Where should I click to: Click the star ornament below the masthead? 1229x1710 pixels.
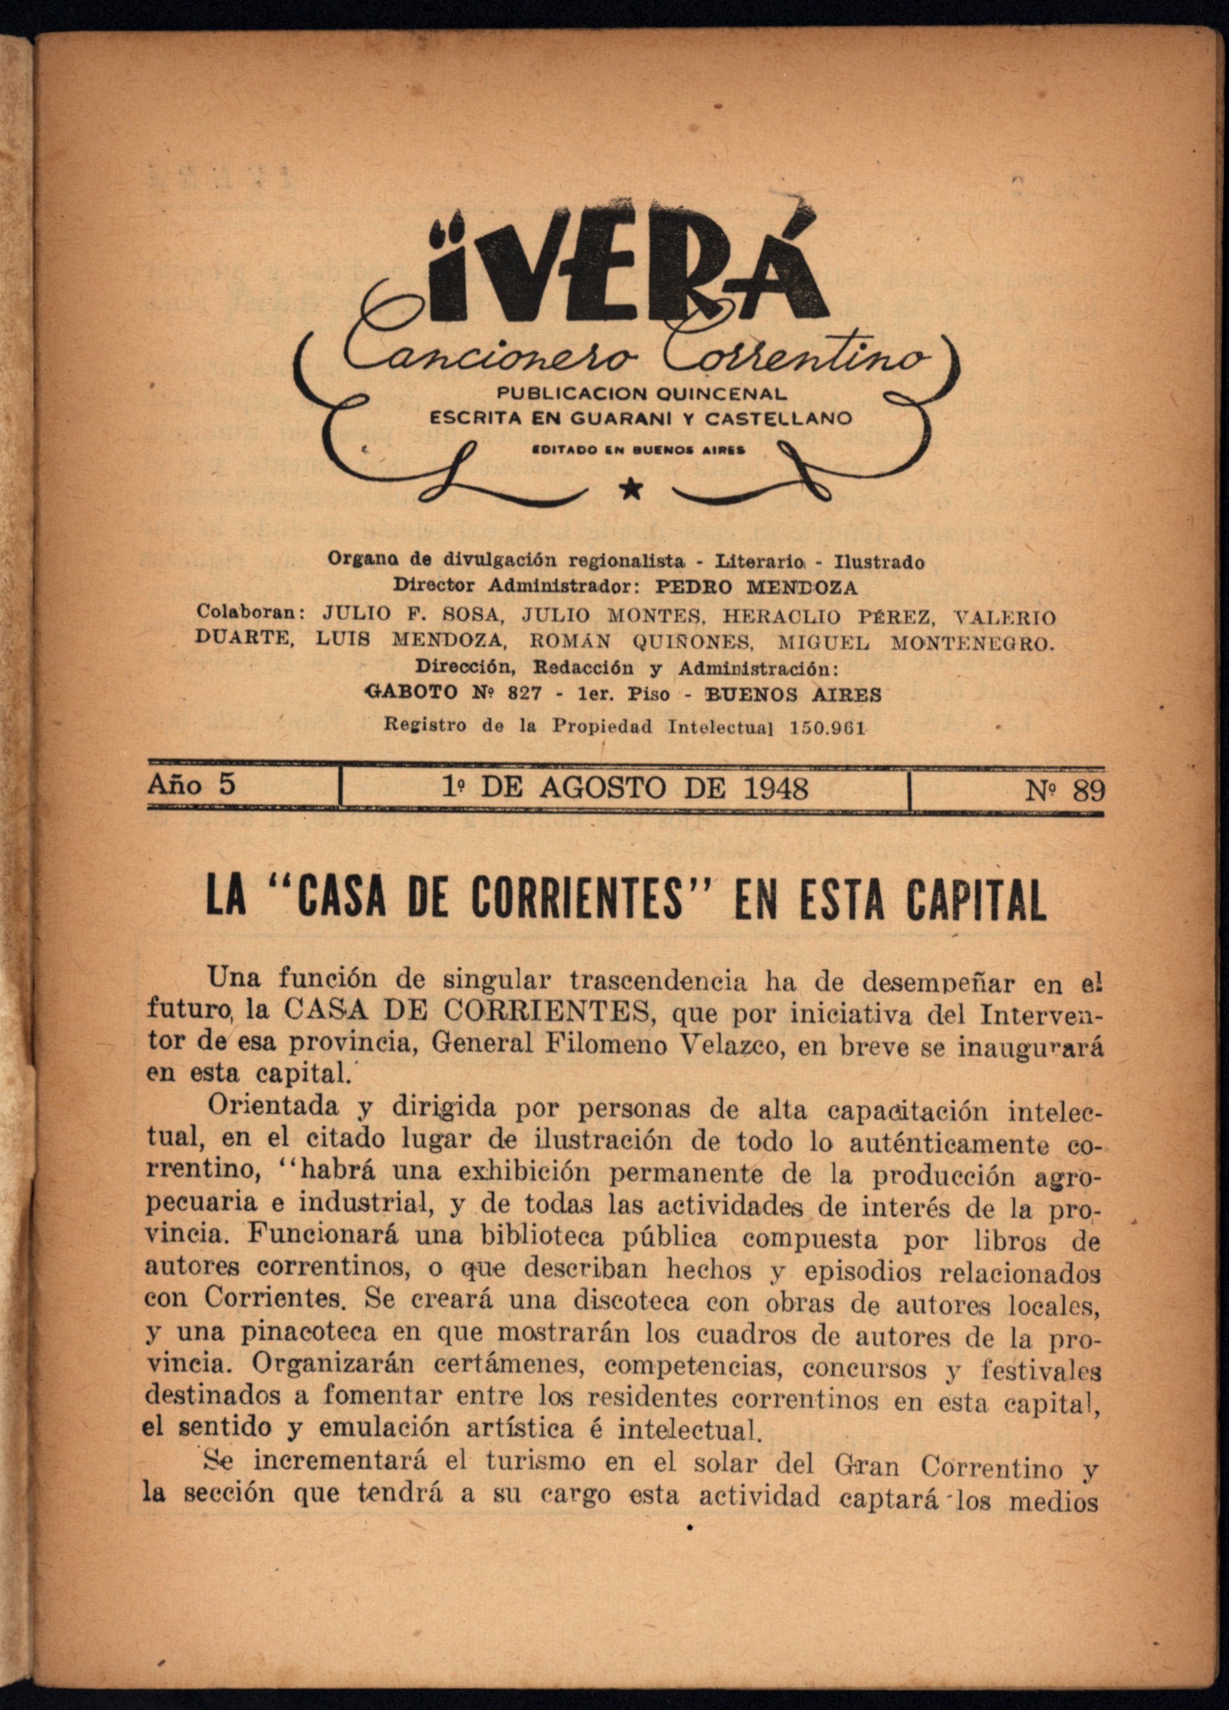tap(631, 490)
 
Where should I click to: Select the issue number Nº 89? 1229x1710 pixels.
tap(1065, 790)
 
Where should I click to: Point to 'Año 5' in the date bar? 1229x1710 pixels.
tap(191, 786)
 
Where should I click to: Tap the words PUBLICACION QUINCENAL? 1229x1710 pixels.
tap(641, 394)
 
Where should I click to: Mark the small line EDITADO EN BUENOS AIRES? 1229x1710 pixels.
tap(640, 450)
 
